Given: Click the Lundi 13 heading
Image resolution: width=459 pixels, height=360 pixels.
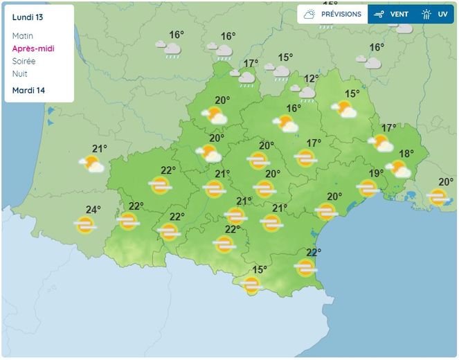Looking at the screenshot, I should (x=27, y=17).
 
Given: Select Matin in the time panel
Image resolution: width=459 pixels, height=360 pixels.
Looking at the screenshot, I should (x=23, y=36).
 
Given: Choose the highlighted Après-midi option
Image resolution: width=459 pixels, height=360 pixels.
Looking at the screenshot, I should (x=33, y=48).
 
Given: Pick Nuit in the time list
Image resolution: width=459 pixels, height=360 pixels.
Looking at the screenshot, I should (x=20, y=73).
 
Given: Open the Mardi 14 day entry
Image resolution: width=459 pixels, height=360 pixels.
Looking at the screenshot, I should (x=28, y=91).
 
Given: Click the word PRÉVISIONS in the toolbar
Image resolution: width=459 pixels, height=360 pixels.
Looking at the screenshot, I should (x=341, y=14).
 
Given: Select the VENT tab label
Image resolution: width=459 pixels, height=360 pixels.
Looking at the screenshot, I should (x=399, y=14).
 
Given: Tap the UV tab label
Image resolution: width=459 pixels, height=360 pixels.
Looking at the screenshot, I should (x=442, y=14).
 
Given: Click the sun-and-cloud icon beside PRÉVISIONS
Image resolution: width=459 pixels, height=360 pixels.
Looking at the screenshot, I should (x=310, y=14).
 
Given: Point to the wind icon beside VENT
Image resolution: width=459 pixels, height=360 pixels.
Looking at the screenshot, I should (x=379, y=14).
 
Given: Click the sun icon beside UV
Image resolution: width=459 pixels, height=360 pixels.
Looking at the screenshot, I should (x=426, y=14).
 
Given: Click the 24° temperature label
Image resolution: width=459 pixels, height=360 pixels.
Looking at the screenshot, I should (x=93, y=210).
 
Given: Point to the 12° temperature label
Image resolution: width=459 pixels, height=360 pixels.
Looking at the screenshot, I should (x=312, y=79).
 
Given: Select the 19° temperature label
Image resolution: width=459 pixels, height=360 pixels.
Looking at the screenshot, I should (x=376, y=174).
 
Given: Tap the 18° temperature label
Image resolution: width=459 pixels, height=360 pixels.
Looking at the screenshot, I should (x=406, y=154).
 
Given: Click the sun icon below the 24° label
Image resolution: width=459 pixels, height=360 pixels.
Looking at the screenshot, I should (x=85, y=224).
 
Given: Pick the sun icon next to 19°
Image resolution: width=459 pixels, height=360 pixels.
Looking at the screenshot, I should (x=367, y=188).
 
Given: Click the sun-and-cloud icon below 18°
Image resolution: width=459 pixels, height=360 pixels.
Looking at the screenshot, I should (x=399, y=168).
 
